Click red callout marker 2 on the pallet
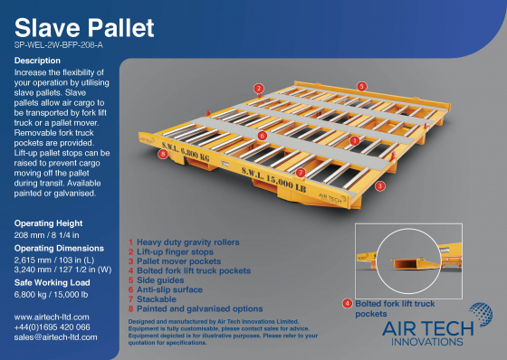258,88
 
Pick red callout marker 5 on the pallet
361,85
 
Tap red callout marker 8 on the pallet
162,154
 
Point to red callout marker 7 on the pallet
300,170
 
